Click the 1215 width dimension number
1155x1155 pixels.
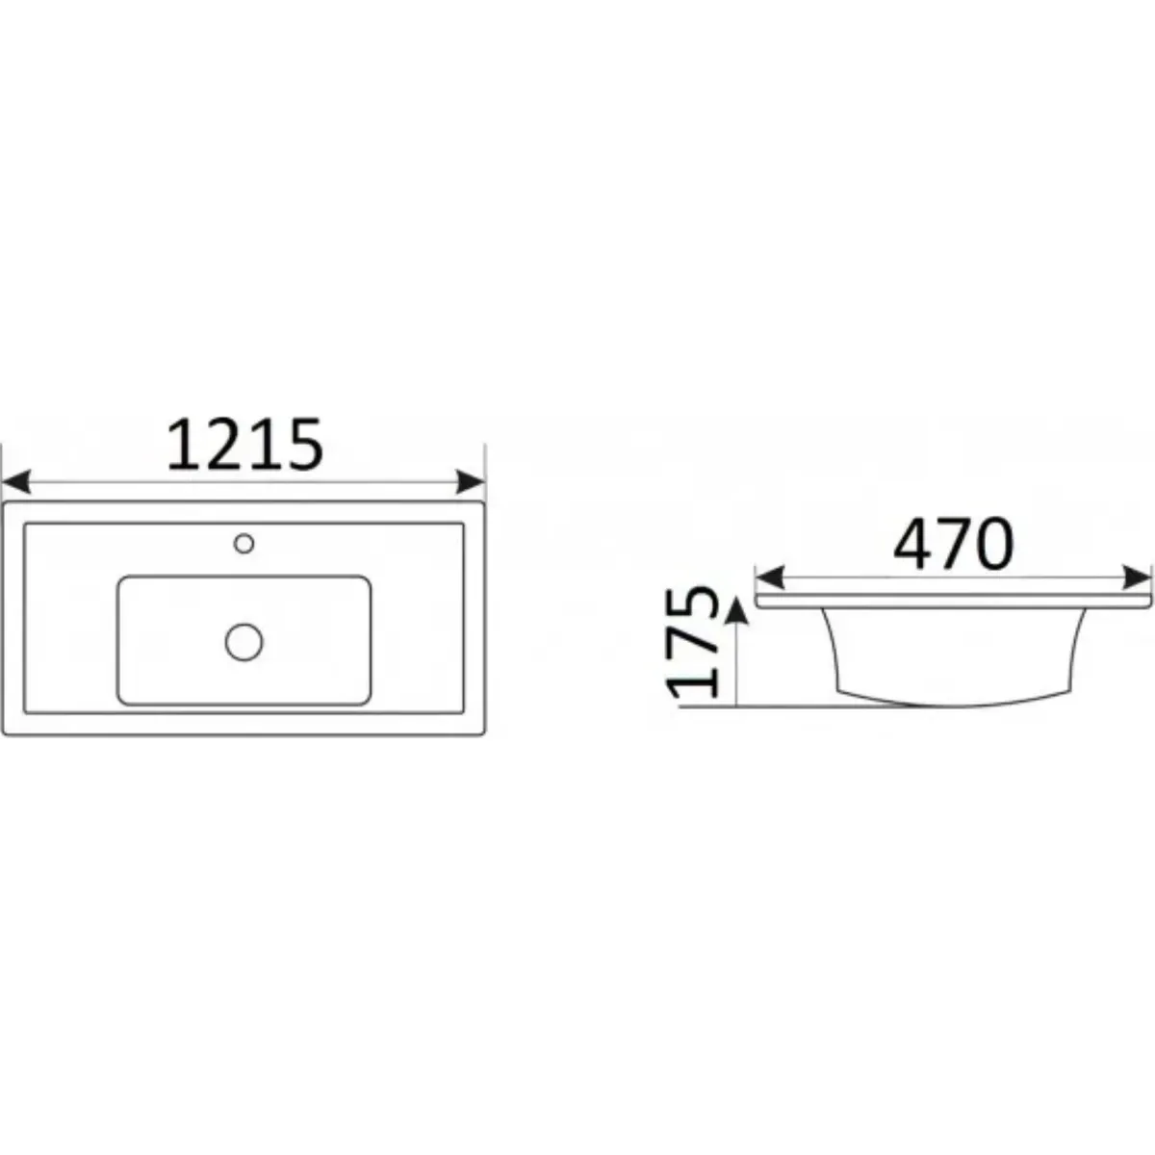pos(245,445)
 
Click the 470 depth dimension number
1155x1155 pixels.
pos(954,545)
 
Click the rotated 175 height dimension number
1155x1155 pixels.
pos(693,643)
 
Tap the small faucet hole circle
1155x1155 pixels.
pos(244,544)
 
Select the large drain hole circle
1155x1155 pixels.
pos(244,642)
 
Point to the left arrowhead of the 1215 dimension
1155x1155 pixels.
pos(16,482)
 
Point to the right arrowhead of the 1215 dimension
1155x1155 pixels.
pos(471,482)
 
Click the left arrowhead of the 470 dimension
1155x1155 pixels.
pos(770,577)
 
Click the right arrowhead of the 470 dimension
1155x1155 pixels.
pos(1137,577)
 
